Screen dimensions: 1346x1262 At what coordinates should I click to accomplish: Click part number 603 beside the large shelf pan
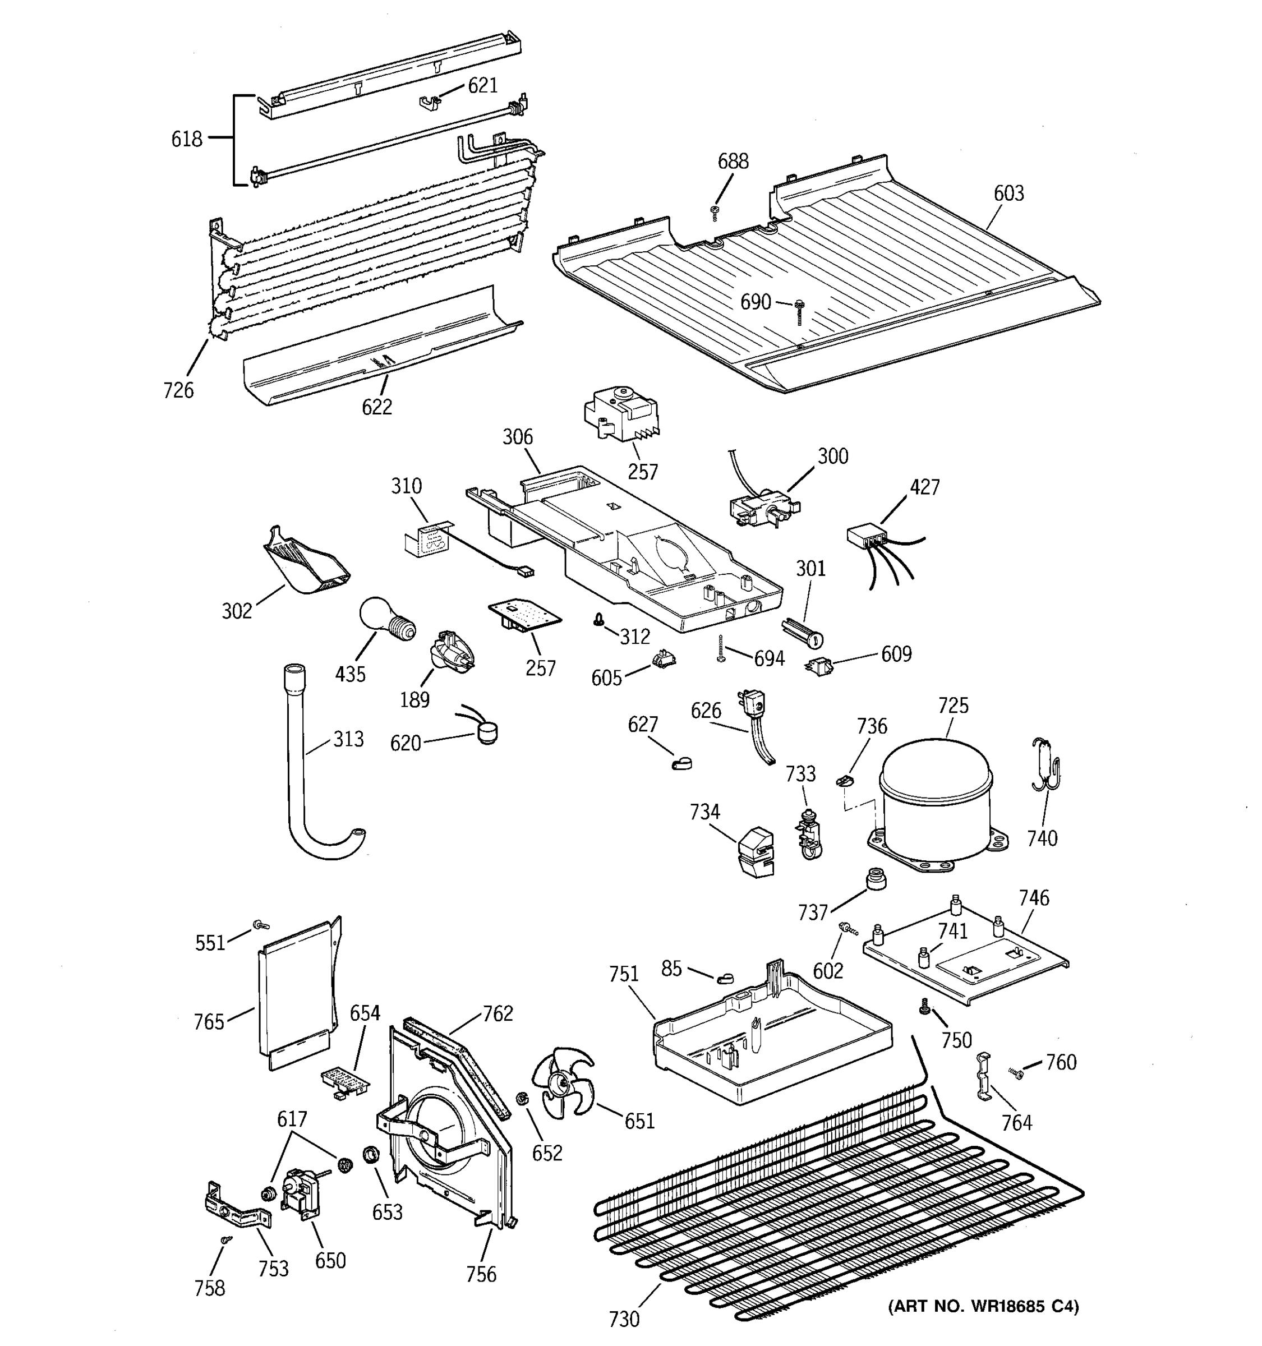coord(1008,193)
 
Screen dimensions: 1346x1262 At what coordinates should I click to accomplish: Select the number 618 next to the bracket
coord(186,140)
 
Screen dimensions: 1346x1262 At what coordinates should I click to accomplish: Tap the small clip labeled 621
coord(428,102)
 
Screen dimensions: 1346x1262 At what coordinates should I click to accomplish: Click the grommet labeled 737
coord(876,880)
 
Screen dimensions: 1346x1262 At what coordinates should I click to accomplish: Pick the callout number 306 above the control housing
coord(517,437)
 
